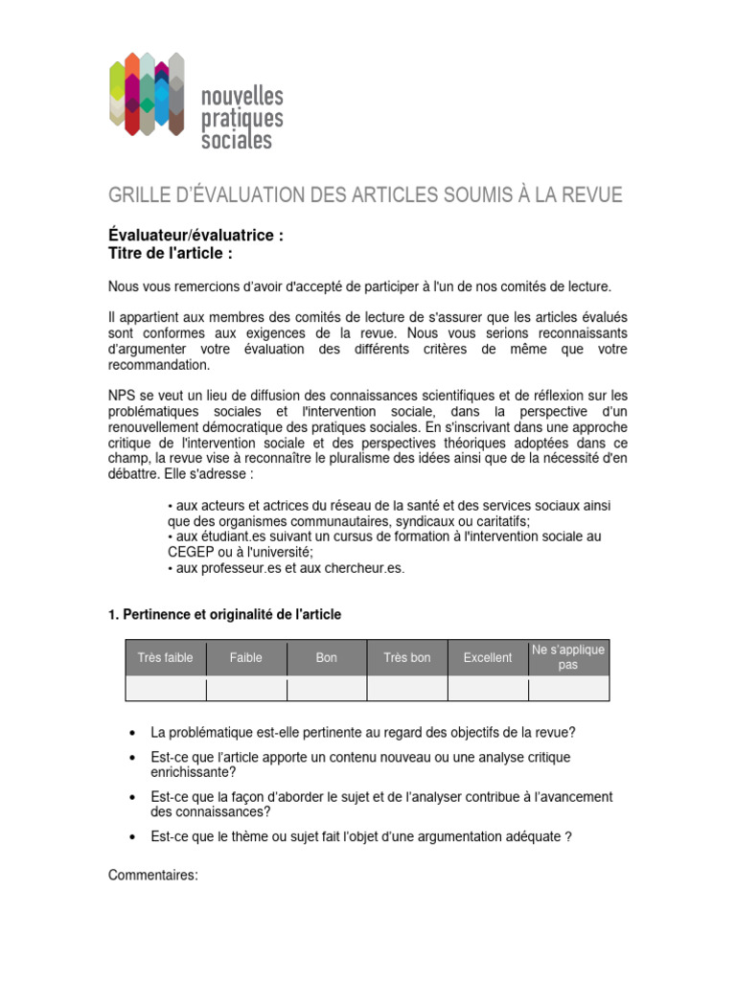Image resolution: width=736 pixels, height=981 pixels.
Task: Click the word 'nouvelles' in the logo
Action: pos(241,97)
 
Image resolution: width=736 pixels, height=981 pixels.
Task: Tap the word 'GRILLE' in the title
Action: pos(138,195)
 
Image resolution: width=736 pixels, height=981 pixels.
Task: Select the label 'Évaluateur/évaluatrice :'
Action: pos(195,236)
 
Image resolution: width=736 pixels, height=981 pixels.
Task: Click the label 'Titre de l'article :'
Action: pos(171,253)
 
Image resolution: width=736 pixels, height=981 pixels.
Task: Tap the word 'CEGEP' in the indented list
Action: pos(195,553)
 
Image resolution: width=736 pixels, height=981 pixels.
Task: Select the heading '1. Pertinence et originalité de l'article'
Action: pos(224,614)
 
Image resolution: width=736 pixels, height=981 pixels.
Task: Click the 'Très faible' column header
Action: pos(166,658)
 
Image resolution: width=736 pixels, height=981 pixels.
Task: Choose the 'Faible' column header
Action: pos(246,658)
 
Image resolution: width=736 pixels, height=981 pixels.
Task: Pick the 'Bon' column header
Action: pos(327,658)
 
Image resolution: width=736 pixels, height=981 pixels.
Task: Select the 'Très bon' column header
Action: pos(407,658)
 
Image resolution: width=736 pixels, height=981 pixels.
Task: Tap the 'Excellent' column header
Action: pos(488,658)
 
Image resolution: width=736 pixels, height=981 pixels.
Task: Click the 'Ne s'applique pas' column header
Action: pos(568,657)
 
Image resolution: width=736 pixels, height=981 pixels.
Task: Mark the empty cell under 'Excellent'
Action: pos(488,689)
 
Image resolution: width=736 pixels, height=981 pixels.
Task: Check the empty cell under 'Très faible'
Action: pos(166,689)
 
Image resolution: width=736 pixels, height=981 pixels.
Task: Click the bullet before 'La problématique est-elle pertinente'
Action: pos(131,734)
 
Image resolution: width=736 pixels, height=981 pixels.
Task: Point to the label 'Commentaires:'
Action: pos(152,875)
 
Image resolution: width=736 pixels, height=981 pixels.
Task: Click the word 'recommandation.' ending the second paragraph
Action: pos(159,365)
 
